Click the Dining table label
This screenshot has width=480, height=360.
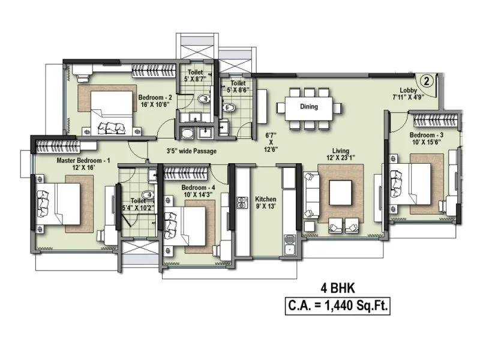pyautogui.click(x=309, y=107)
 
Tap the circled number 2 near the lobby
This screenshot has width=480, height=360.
pyautogui.click(x=425, y=80)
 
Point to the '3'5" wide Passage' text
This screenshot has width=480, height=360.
pyautogui.click(x=192, y=151)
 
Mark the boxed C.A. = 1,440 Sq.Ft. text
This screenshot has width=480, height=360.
pyautogui.click(x=338, y=306)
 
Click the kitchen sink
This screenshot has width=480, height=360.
pyautogui.click(x=290, y=248)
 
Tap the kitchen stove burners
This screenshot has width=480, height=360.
pyautogui.click(x=242, y=202)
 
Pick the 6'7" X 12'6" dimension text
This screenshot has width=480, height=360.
pyautogui.click(x=271, y=142)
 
